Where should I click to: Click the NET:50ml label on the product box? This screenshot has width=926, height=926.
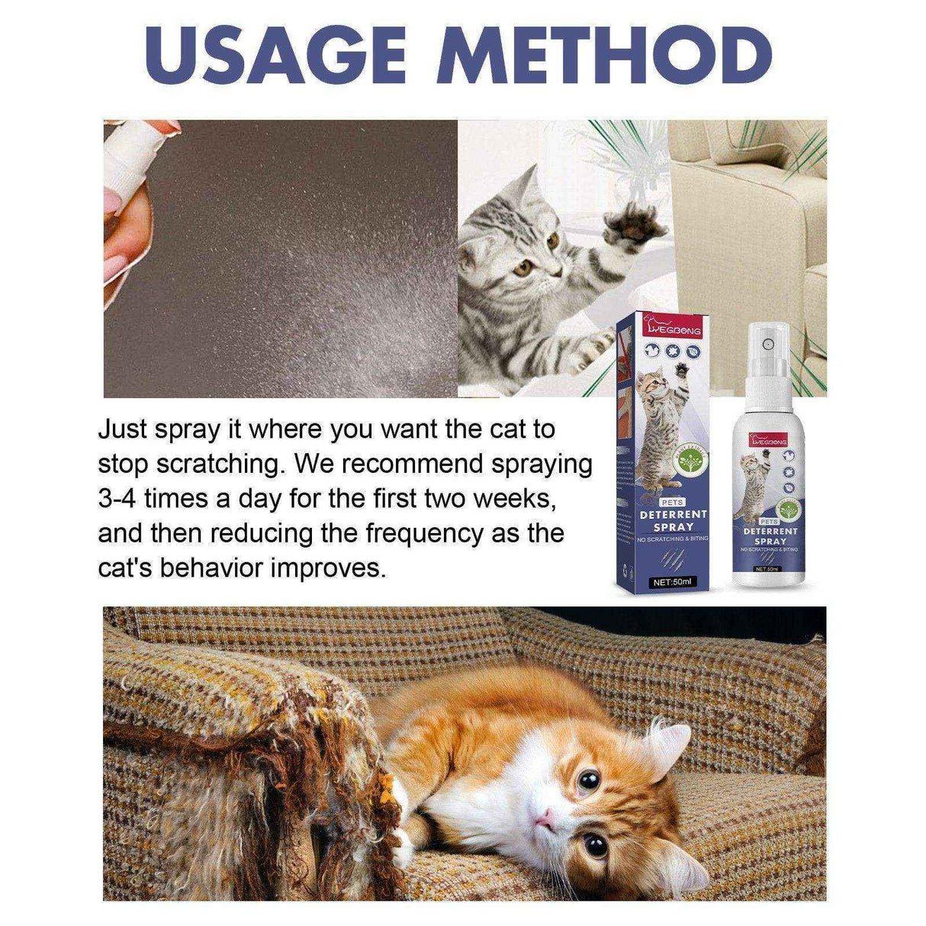pos(671,582)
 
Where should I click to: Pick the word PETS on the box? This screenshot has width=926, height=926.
pos(653,502)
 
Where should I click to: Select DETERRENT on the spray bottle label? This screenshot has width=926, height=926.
pos(770,530)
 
